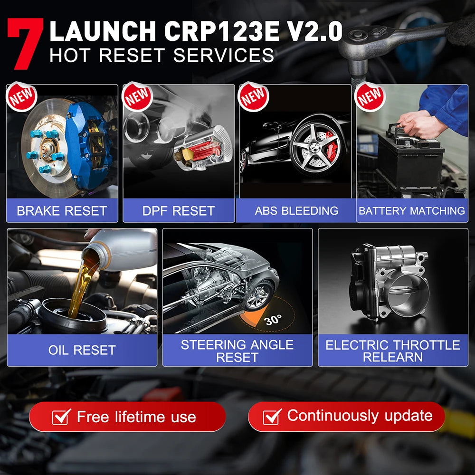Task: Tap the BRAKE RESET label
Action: [62, 211]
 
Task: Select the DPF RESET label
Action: [179, 211]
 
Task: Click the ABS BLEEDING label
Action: [296, 211]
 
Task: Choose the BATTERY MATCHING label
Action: [412, 211]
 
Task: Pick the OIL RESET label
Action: [82, 350]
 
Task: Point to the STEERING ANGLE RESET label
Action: [237, 351]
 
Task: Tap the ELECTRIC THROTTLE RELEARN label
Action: [393, 351]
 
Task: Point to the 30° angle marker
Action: [273, 320]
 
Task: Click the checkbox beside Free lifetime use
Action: [62, 417]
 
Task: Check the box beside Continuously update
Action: [272, 416]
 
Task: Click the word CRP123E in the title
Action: [229, 32]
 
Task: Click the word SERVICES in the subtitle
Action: [224, 55]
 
